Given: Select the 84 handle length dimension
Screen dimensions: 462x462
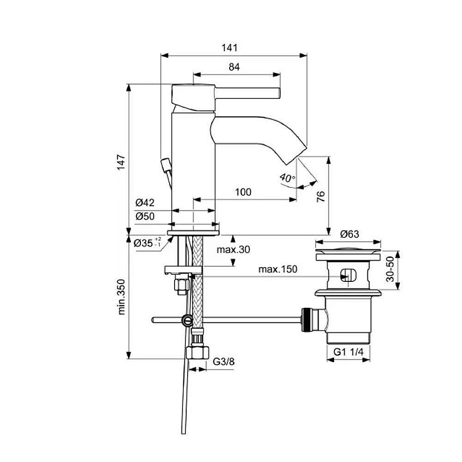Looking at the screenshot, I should (234, 67).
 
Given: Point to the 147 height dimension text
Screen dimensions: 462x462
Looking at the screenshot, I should (121, 162).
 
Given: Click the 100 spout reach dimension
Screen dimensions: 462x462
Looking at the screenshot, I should (243, 192).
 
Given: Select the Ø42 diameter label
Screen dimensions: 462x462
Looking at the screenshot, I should (145, 203).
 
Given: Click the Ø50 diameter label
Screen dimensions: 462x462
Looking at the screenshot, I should (145, 216).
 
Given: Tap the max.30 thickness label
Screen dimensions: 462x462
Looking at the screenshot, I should (233, 250).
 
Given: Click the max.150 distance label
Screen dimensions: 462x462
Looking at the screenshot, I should (278, 269).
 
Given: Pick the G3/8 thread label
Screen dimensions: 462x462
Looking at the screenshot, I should (224, 362).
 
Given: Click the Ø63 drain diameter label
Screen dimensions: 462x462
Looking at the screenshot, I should (350, 234).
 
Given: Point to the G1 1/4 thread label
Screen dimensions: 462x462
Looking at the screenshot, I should (349, 352).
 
